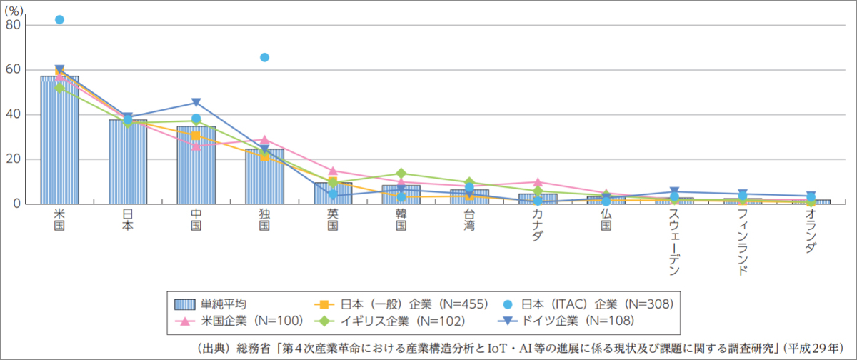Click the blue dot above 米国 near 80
click(x=59, y=20)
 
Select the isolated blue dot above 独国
click(x=264, y=57)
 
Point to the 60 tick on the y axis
click(x=14, y=70)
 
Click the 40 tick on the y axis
click(x=14, y=115)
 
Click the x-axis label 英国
click(x=333, y=220)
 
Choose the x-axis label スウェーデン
click(x=674, y=243)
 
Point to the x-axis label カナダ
click(x=538, y=226)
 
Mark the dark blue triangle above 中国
click(x=196, y=103)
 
